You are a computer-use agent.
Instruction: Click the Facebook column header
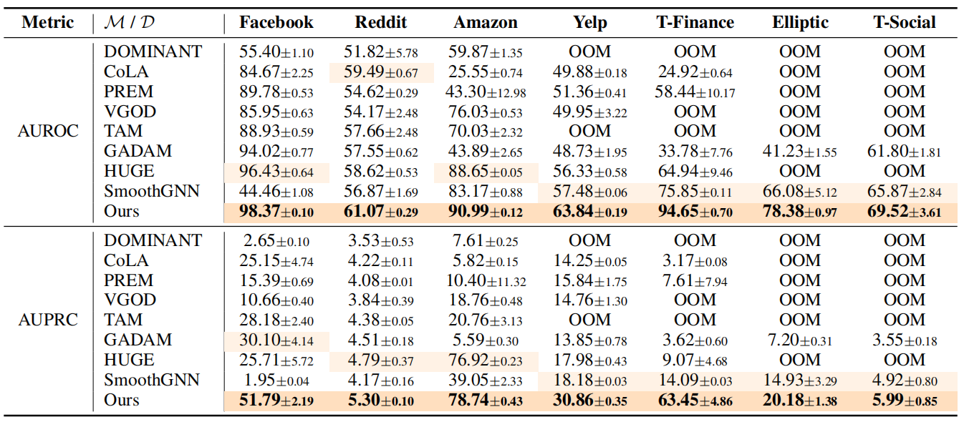pos(276,22)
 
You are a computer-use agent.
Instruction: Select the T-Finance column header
pos(695,22)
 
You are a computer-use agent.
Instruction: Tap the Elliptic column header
pos(800,22)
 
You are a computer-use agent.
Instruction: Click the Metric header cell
pos(48,22)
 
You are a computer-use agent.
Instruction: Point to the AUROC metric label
pos(48,132)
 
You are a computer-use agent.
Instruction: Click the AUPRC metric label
pos(48,320)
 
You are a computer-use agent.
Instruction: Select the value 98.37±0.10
pos(276,212)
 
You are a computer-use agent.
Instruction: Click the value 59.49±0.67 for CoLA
pos(382,72)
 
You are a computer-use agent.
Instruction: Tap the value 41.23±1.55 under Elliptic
pos(800,152)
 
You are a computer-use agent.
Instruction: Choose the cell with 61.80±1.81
pos(904,152)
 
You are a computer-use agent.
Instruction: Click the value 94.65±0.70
pos(695,212)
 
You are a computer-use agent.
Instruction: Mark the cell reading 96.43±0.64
pos(276,172)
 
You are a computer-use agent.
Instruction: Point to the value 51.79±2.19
pos(276,400)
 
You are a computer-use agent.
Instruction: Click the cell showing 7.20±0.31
pos(800,340)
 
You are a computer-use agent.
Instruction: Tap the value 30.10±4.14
pos(276,340)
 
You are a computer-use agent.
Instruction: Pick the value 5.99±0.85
pos(904,400)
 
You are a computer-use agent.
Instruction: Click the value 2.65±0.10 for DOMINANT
pos(276,240)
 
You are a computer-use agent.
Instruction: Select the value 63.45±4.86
pos(695,400)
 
